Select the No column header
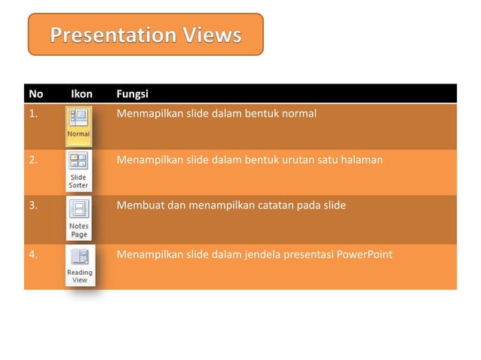[35, 94]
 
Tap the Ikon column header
[81, 94]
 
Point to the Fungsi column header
[133, 94]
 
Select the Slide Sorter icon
[78, 170]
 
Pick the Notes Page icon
[78, 218]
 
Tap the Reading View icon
[79, 266]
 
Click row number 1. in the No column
[33, 114]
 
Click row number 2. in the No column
[33, 160]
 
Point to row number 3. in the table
[33, 206]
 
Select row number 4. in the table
[33, 254]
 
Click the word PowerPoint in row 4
[366, 254]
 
